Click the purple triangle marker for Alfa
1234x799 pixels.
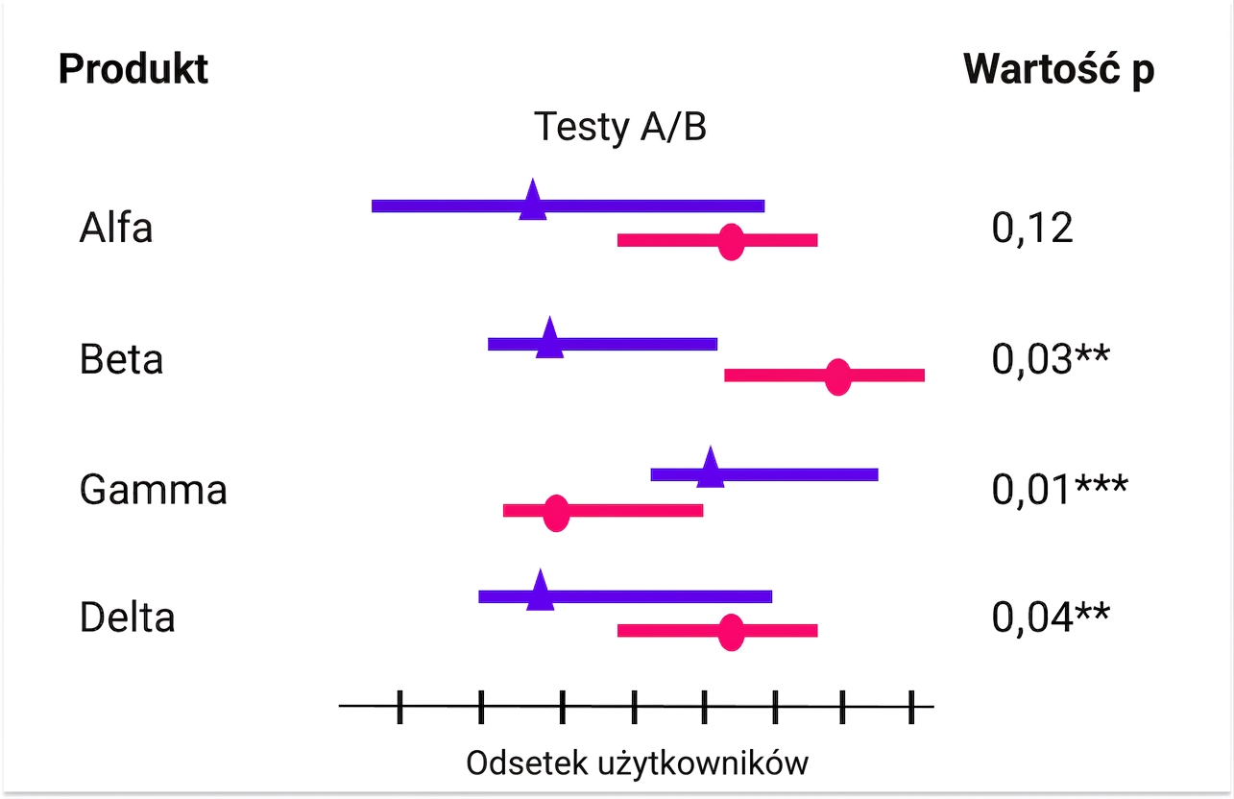coord(532,202)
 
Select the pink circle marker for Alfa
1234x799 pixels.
coord(731,241)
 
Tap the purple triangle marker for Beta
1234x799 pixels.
coord(550,339)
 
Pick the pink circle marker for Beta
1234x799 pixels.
coord(838,376)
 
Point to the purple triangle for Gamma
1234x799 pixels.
coord(711,469)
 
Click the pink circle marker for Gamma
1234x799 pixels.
coord(556,513)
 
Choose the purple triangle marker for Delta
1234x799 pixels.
coord(541,592)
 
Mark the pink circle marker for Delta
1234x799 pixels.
coord(731,632)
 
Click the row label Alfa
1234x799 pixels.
coord(116,227)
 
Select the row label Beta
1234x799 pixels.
coord(121,359)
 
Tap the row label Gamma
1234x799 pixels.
coord(153,490)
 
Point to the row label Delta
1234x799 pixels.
coord(128,617)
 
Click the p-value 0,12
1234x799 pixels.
coord(1032,228)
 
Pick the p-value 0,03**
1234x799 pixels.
coord(1051,359)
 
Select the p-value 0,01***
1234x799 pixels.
coord(1060,489)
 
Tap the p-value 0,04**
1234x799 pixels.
coord(1051,617)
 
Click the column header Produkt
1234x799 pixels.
coord(133,69)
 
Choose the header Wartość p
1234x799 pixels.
coord(1059,70)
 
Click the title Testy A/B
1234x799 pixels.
coord(620,127)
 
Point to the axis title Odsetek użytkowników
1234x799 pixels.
coord(638,763)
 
